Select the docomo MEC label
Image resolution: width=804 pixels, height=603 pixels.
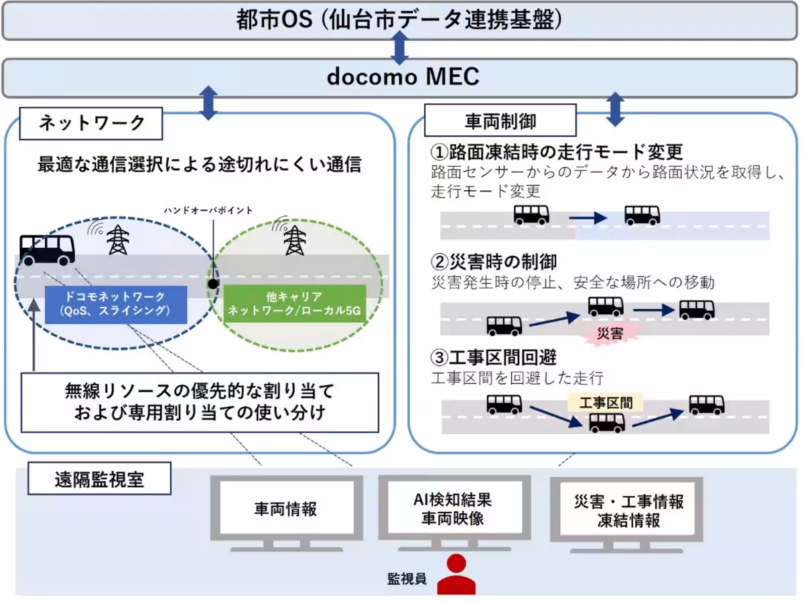[403, 77]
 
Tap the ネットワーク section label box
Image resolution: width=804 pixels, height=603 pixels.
[92, 123]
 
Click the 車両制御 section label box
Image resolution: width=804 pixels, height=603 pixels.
[500, 121]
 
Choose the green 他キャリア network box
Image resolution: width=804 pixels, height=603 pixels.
[294, 304]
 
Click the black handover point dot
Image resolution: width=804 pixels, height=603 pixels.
[213, 283]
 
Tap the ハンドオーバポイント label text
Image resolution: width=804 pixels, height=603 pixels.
[208, 210]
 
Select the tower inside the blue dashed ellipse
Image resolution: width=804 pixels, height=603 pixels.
[118, 239]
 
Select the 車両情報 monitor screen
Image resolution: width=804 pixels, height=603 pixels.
[285, 509]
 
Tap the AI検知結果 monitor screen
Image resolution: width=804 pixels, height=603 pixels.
[453, 508]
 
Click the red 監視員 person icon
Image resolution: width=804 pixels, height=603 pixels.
[456, 575]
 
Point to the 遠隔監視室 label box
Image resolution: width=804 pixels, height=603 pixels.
[99, 480]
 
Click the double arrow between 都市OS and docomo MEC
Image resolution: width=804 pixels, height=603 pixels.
[399, 48]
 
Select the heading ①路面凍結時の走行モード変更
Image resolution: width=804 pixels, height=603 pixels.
[557, 151]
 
